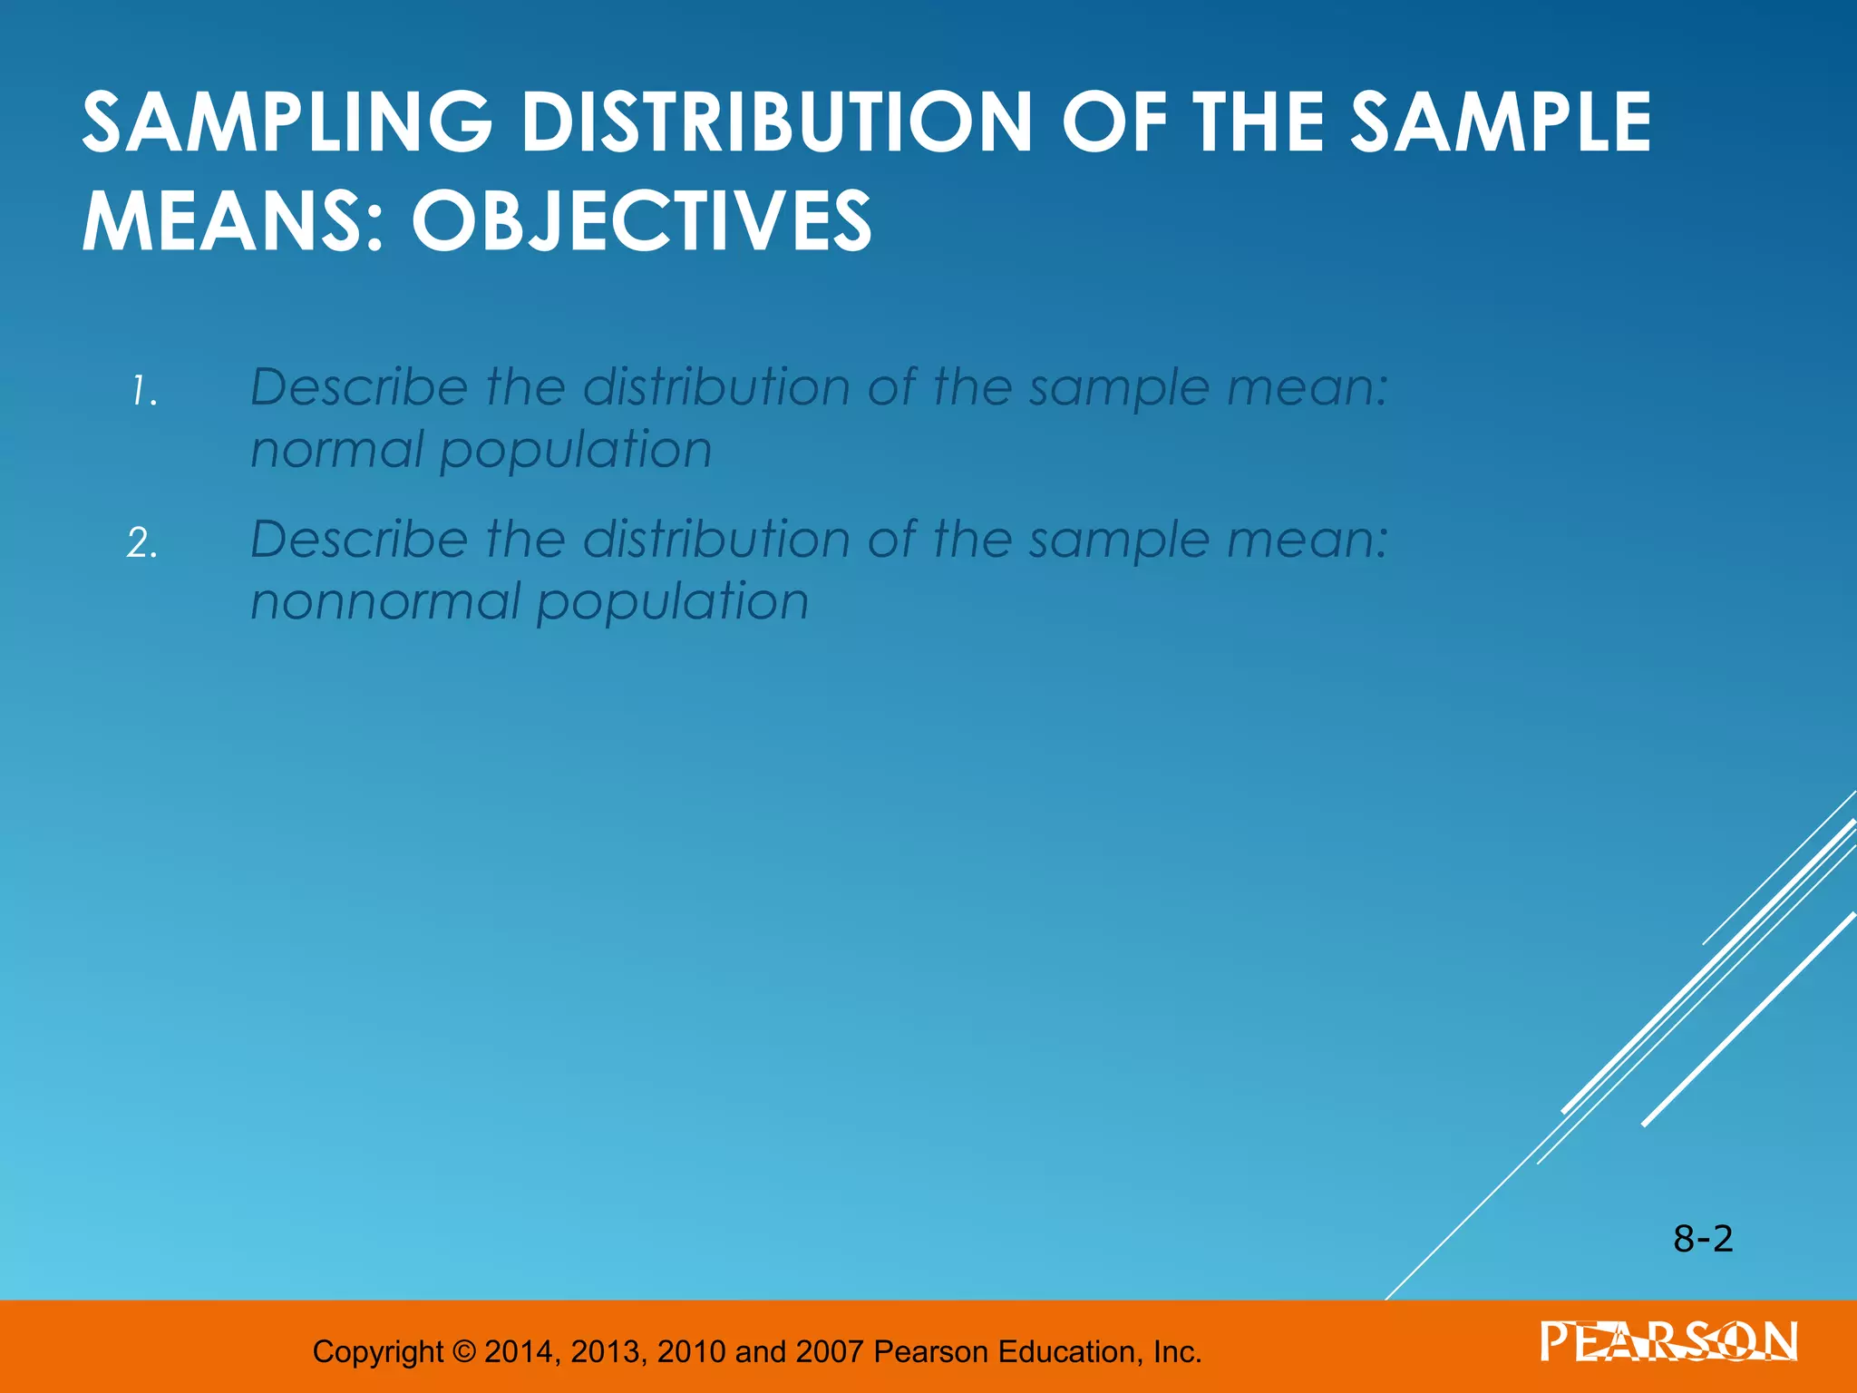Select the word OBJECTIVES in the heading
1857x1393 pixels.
[641, 222]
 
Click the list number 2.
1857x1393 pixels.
[142, 544]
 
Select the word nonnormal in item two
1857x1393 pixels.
[382, 602]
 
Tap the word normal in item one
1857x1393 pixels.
[336, 451]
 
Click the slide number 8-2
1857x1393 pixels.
[1703, 1239]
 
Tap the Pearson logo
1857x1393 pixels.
[1668, 1342]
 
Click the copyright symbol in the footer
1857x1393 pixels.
[463, 1352]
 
